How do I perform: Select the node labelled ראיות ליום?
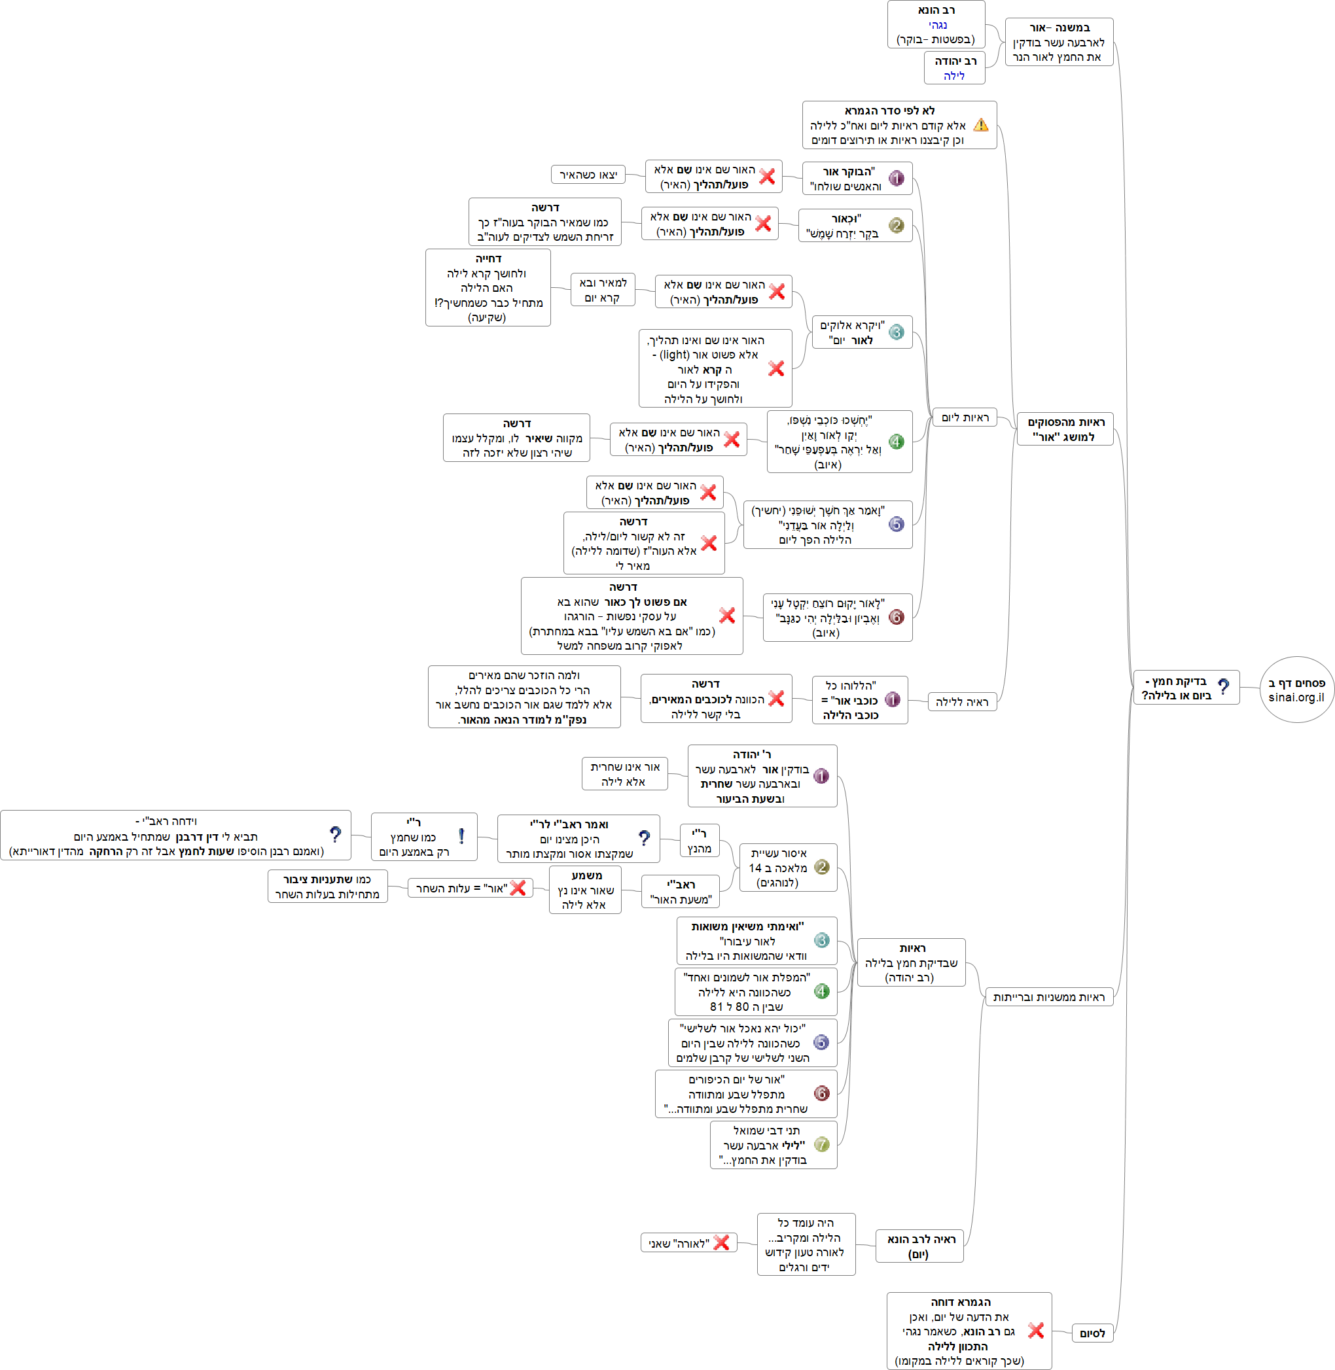[x=964, y=417]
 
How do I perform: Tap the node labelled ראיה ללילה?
[x=961, y=702]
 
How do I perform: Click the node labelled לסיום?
[x=1092, y=1333]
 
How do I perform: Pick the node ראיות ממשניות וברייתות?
[x=1048, y=996]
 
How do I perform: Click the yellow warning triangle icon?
[x=981, y=125]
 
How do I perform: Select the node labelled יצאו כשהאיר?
[x=588, y=175]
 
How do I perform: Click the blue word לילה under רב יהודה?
[x=953, y=76]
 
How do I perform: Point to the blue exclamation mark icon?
[x=461, y=835]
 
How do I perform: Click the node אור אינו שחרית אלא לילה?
[x=624, y=774]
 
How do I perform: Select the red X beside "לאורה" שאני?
[x=721, y=1242]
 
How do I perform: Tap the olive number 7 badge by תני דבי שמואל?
[x=822, y=1144]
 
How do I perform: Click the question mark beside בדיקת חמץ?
[x=1224, y=687]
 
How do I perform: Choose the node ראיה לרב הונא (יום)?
[x=920, y=1246]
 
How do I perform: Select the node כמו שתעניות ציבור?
[x=327, y=887]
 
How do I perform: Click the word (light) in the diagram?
[x=675, y=355]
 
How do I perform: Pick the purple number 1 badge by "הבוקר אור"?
[x=896, y=178]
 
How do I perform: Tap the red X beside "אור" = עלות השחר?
[x=518, y=888]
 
